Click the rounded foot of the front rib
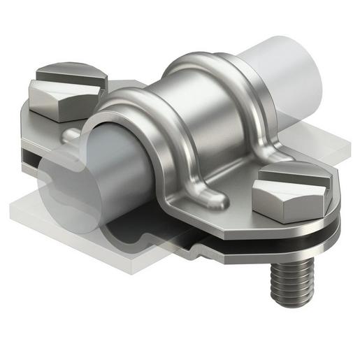(213, 200)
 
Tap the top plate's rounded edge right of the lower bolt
(334, 210)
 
